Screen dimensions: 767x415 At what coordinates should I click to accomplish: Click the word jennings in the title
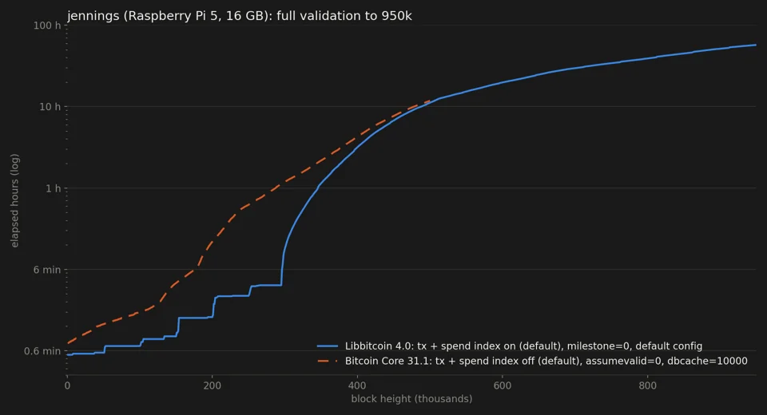93,16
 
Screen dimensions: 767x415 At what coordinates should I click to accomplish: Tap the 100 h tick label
47,26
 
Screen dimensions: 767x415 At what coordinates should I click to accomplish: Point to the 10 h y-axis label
50,107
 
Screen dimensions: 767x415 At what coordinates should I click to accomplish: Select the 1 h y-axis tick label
54,188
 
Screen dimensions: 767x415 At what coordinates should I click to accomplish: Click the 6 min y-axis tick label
47,270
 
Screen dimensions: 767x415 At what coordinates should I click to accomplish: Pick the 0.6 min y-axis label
42,351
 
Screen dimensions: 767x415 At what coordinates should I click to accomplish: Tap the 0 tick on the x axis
67,385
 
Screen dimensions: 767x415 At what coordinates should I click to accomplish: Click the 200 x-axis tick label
213,385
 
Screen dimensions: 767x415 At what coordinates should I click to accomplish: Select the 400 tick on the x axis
357,385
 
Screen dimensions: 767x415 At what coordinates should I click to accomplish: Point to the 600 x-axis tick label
503,385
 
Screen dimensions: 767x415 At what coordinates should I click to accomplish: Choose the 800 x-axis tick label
648,385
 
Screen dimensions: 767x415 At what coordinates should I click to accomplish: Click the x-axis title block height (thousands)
411,399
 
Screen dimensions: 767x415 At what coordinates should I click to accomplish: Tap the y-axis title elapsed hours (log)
14,201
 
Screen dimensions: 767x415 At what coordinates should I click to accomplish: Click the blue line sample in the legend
328,346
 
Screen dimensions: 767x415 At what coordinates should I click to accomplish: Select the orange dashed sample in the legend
328,362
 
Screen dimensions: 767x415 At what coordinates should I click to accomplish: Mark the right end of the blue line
756,45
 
